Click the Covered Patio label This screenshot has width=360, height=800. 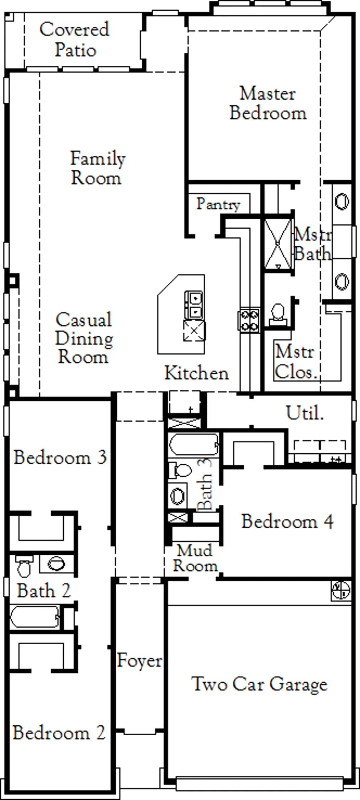[x=74, y=39]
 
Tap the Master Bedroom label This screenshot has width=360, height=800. [x=268, y=103]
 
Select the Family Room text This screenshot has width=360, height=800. [x=97, y=168]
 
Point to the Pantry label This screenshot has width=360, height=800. [x=218, y=204]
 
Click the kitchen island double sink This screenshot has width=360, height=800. [x=194, y=305]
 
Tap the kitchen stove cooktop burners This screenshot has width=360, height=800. [x=249, y=320]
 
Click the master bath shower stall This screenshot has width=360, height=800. [x=278, y=245]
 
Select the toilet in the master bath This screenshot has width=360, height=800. [x=278, y=314]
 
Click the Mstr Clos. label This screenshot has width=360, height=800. [x=295, y=362]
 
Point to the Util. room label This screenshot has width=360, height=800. [x=305, y=413]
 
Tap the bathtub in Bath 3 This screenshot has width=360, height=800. [x=194, y=444]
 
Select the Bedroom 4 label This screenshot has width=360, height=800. [x=287, y=522]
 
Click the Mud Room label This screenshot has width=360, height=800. [x=195, y=558]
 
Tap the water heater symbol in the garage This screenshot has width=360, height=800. [x=341, y=591]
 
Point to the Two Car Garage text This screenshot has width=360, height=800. [x=259, y=684]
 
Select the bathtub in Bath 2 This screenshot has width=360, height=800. [x=35, y=617]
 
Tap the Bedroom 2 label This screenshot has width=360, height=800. [x=59, y=733]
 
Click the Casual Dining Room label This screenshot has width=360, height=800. [x=84, y=338]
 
